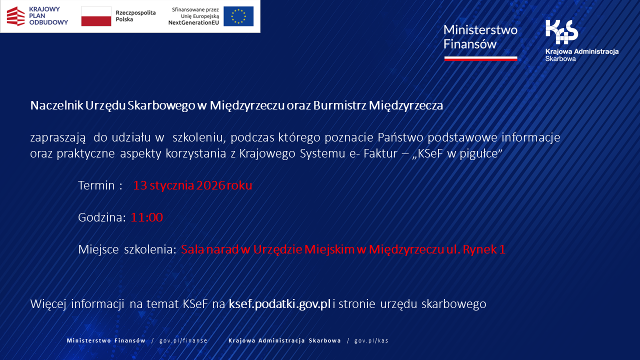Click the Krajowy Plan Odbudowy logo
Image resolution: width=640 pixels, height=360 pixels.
pos(37,16)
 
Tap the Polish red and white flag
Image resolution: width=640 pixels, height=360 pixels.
pos(96,16)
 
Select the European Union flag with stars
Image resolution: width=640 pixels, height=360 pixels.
pos(238,16)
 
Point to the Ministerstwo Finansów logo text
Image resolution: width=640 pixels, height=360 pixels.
pos(480,36)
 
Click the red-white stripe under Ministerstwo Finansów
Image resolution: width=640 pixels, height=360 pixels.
pos(480,58)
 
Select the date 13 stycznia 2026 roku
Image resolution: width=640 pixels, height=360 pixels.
pos(192,185)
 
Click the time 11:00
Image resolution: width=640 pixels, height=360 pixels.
pos(147,217)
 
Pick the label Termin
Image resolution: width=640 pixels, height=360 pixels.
pos(100,185)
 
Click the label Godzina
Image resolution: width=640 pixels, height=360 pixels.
pos(101,217)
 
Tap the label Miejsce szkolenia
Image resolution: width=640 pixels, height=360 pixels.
pos(127,249)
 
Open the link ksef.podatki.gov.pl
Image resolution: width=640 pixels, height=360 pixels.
pos(279,304)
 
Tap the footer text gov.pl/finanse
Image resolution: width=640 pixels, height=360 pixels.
pos(183,340)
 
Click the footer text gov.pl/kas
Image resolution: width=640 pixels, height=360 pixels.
pos(371,340)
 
